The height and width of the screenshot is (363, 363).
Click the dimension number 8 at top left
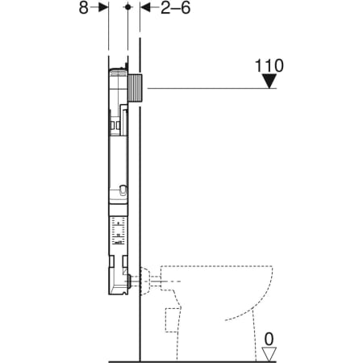(83, 8)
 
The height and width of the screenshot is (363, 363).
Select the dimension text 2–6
(176, 8)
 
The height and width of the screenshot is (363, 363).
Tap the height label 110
(269, 65)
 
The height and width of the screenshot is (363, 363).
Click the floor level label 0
(269, 340)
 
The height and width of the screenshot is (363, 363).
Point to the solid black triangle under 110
(269, 81)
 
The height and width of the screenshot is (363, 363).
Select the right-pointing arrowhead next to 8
(103, 7)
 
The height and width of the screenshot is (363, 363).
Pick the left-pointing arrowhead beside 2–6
(145, 7)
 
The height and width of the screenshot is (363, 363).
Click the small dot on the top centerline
(127, 7)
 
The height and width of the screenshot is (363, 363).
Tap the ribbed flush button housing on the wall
(136, 87)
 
